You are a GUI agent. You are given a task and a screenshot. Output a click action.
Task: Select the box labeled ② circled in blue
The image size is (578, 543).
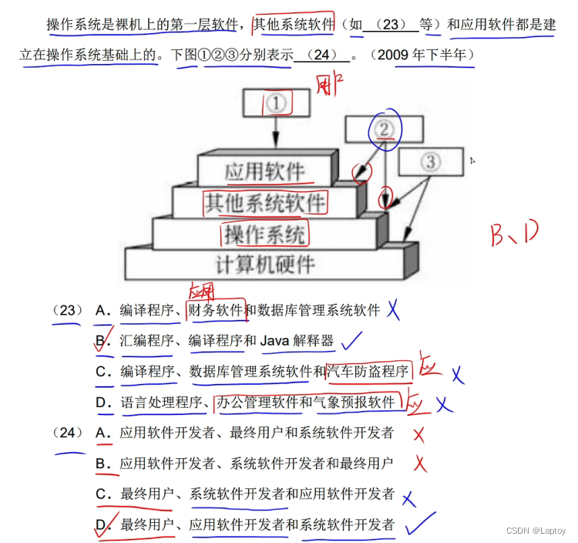tap(384, 130)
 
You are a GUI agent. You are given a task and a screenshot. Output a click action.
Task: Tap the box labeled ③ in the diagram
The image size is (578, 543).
tap(429, 162)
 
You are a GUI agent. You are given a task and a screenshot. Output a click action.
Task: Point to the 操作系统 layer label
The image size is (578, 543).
tap(265, 233)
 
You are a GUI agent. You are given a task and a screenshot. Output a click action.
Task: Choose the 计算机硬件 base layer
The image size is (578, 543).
tap(265, 264)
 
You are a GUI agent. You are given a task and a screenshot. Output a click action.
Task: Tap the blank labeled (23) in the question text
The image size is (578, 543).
tap(391, 25)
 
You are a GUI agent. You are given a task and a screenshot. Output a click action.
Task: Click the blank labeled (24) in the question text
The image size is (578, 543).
tap(321, 56)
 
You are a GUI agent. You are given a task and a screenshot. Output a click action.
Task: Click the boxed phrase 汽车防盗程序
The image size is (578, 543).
tap(368, 372)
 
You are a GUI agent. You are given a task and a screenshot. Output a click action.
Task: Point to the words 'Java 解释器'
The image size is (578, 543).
tap(297, 341)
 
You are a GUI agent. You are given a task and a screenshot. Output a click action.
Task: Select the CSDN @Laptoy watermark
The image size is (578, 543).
tap(535, 531)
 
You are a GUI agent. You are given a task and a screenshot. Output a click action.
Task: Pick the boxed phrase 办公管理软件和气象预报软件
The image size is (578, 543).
tap(306, 402)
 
